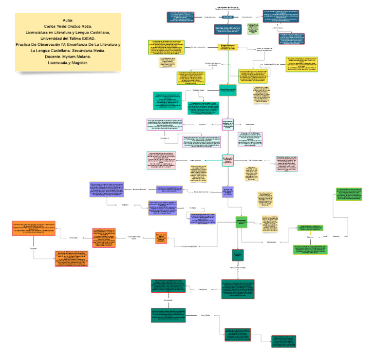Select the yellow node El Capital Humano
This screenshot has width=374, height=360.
click(x=227, y=47)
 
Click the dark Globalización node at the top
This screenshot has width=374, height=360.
click(x=228, y=17)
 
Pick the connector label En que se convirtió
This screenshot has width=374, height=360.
click(x=199, y=47)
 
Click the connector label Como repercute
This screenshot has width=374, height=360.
click(x=195, y=160)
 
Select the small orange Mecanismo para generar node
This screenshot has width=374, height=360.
click(x=162, y=237)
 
